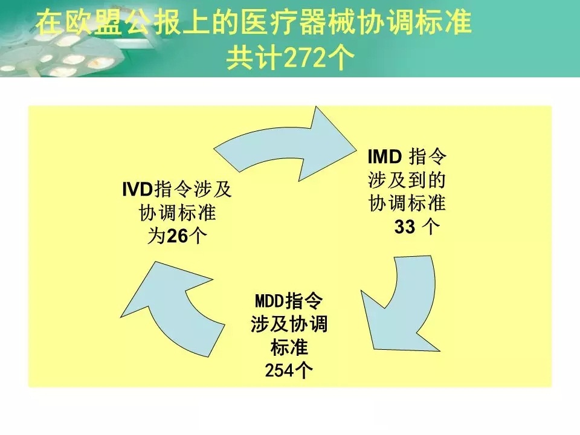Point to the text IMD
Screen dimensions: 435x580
[385, 158]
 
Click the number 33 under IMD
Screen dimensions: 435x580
[405, 227]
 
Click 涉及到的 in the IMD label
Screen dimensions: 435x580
[407, 181]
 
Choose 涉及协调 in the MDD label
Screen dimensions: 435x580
[289, 324]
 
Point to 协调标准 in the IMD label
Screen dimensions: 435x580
[407, 204]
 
